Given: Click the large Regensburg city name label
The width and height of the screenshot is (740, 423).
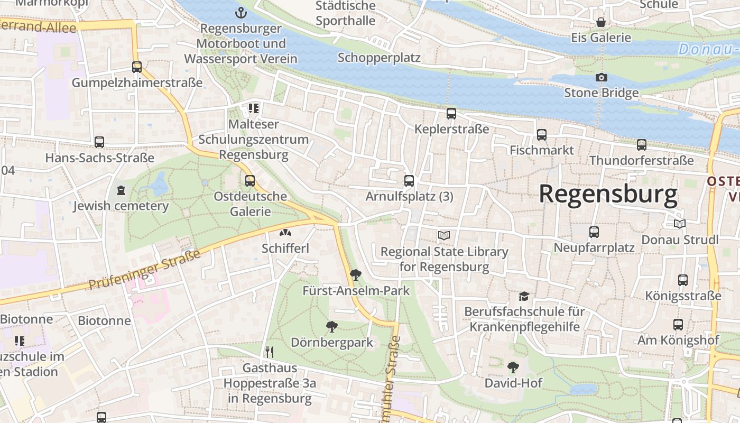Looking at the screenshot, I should tap(608, 195).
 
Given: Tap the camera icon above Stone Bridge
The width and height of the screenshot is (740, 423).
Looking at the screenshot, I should tap(601, 78).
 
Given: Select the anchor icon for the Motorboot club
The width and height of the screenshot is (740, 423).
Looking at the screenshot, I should tap(241, 12).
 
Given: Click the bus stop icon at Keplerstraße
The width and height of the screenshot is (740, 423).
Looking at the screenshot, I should tap(451, 114).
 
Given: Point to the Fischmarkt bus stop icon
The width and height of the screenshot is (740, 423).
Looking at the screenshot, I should tap(541, 135).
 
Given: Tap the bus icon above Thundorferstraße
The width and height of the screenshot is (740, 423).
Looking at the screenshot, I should tap(641, 145).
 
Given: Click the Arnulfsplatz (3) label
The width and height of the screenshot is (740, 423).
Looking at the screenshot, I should tap(409, 197).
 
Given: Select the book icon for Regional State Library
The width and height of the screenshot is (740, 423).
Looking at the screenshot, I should tap(444, 236).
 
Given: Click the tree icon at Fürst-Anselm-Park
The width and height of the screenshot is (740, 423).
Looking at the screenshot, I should tap(356, 275).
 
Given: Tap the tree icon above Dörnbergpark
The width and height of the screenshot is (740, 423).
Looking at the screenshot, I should tap(332, 327).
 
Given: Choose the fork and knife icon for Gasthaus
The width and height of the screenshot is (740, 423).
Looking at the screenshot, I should tap(270, 352).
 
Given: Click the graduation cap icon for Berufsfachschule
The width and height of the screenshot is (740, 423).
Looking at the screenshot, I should tap(523, 296).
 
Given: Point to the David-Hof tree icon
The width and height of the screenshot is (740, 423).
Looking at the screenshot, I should tap(512, 367).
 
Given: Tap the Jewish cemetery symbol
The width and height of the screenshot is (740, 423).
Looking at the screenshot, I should tap(121, 190).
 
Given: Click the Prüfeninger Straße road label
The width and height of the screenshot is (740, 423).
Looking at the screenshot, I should tap(144, 270).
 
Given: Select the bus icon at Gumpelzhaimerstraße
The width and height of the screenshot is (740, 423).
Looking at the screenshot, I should tap(137, 67).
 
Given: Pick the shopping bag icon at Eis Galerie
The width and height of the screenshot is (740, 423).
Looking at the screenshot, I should tap(601, 22).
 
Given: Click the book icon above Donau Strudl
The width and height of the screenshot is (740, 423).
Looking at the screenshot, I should tap(679, 224).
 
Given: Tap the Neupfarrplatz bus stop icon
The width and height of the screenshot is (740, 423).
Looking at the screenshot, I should tap(594, 232).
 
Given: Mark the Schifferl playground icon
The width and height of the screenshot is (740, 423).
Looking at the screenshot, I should tap(285, 233).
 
